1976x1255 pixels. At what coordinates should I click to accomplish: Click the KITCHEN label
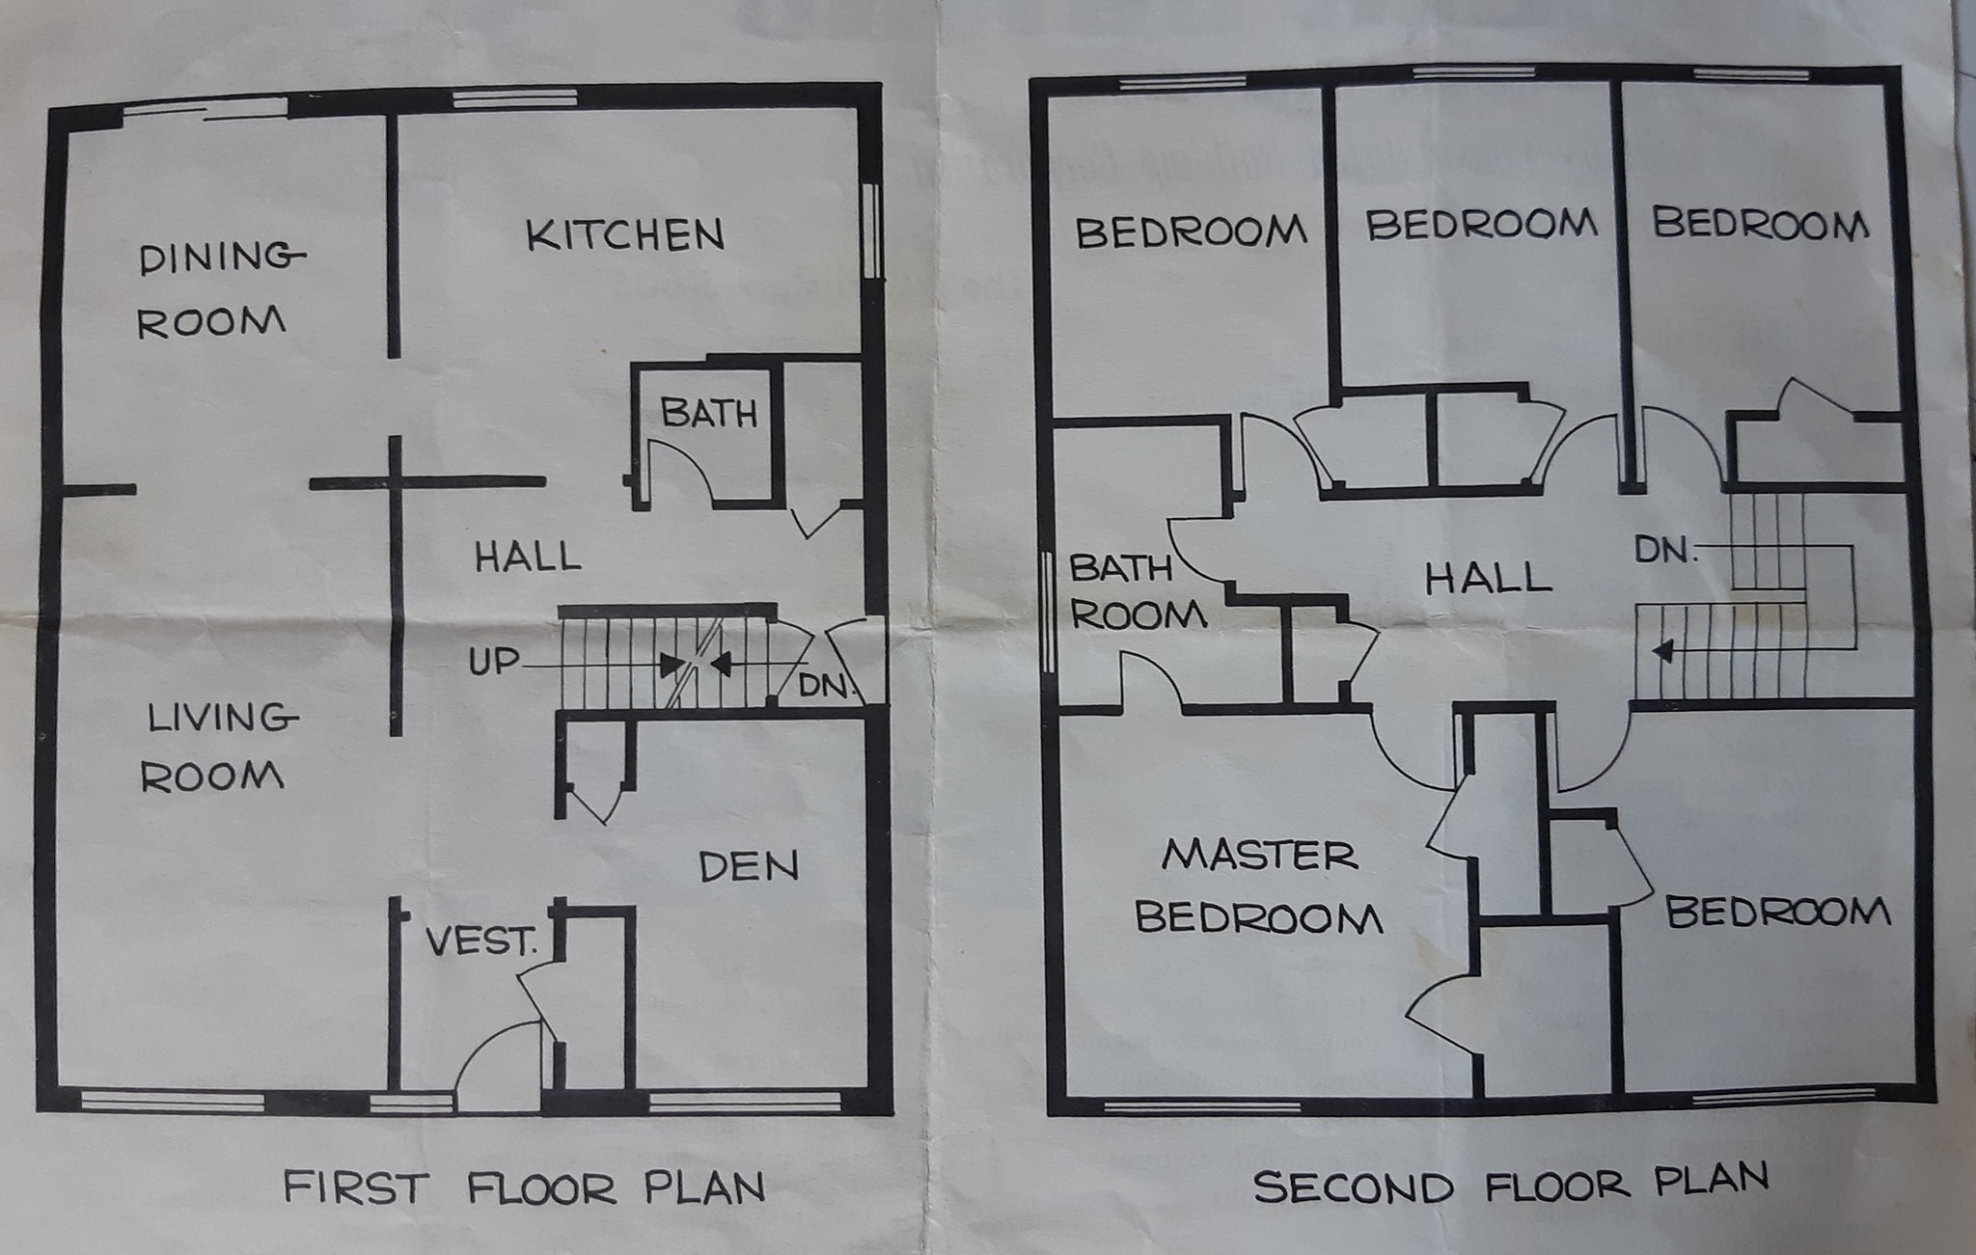[x=625, y=235]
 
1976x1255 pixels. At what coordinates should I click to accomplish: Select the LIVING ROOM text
[x=218, y=748]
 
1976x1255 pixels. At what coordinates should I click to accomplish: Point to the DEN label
[x=749, y=867]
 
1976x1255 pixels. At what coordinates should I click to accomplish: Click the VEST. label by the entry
[x=481, y=941]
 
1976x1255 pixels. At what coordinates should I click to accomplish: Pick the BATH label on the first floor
[x=709, y=414]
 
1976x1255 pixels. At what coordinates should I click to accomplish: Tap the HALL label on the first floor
[x=528, y=557]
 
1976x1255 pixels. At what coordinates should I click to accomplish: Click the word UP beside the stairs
[x=494, y=662]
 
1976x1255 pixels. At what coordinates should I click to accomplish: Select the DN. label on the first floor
[x=827, y=686]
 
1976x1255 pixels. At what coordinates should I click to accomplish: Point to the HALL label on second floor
[x=1489, y=578]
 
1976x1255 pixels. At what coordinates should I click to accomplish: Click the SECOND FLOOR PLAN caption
[x=1511, y=1183]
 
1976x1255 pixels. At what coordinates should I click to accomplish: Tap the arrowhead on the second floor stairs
[x=1662, y=651]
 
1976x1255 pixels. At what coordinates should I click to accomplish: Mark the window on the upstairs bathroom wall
[x=1049, y=614]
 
